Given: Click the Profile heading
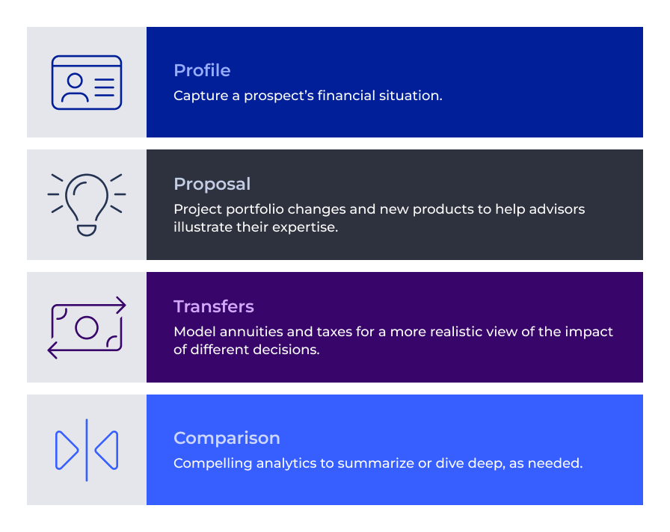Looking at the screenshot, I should pos(202,70).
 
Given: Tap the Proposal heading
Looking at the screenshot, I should pos(212,184).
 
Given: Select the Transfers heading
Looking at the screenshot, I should pos(213,306).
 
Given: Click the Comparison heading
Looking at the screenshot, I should pos(227,438).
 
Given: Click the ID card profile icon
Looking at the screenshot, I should pos(87,82).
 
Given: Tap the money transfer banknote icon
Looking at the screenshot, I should pos(87,327).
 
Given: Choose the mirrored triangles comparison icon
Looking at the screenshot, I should pos(87,450).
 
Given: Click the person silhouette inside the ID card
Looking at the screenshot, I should pos(74,87).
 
